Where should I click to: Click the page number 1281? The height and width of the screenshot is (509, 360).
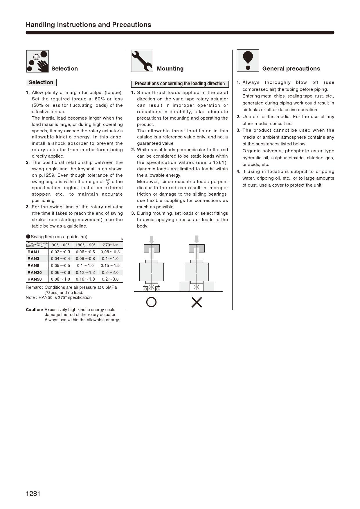click(x=33, y=494)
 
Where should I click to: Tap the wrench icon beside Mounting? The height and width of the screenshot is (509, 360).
click(x=142, y=61)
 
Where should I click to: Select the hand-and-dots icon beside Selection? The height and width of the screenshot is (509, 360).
click(x=37, y=61)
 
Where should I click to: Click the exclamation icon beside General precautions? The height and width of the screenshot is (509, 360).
click(x=248, y=60)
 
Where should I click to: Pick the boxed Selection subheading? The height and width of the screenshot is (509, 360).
click(x=41, y=82)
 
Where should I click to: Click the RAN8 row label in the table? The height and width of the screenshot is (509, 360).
click(x=33, y=266)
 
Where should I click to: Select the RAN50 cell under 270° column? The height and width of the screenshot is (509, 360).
click(x=110, y=279)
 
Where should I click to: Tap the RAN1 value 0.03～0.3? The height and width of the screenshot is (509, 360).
click(x=60, y=252)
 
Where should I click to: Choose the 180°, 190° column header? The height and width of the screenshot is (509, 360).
click(x=85, y=245)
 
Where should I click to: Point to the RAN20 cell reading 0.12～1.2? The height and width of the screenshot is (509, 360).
click(x=85, y=272)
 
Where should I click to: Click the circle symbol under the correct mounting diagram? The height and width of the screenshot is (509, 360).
click(x=151, y=302)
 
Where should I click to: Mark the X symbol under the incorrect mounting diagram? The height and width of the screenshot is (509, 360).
click(x=197, y=302)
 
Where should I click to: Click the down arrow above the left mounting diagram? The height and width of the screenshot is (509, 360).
click(x=151, y=239)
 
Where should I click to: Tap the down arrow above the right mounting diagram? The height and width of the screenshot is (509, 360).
click(x=197, y=239)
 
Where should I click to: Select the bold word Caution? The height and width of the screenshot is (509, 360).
click(x=34, y=310)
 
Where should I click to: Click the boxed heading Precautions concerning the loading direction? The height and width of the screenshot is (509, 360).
click(x=180, y=84)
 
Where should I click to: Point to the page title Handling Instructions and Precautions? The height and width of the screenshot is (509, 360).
click(x=89, y=25)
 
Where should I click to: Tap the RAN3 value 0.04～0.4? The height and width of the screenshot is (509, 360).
click(x=60, y=259)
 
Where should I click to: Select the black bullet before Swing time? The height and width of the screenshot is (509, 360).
click(x=28, y=237)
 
